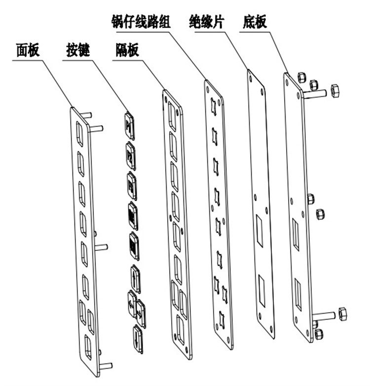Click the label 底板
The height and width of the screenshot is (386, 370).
tap(256, 22)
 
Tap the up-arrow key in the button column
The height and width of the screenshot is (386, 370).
tap(136, 277)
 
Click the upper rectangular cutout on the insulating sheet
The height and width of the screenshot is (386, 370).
tap(259, 231)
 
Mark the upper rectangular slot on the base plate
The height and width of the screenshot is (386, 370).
tap(296, 234)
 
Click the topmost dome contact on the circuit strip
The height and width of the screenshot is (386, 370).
tap(213, 105)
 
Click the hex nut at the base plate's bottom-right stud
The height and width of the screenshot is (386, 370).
tap(342, 314)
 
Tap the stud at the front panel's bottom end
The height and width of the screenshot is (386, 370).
tap(106, 366)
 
